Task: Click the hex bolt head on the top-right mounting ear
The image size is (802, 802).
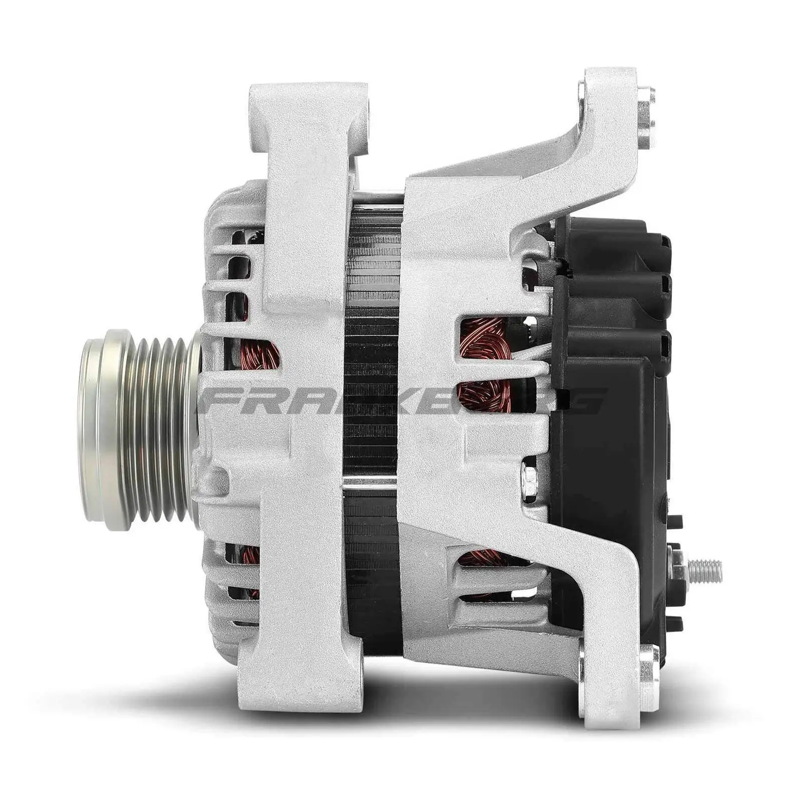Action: tap(647, 117)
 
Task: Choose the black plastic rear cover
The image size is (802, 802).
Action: tap(612, 401)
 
